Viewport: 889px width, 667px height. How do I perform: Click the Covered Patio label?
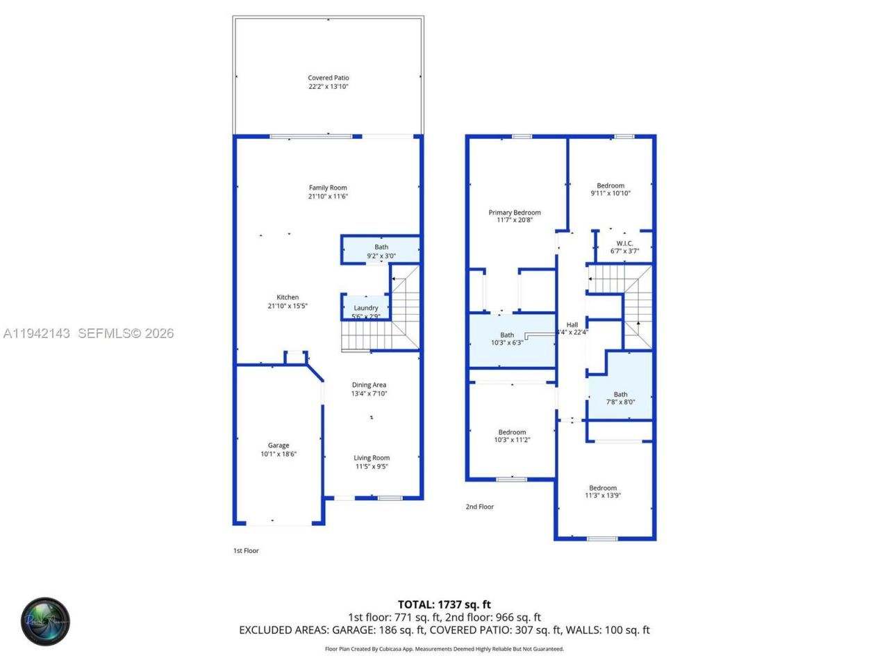click(329, 79)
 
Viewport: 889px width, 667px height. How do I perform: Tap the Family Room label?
click(328, 188)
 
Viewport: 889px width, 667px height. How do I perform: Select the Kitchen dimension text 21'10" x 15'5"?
click(288, 306)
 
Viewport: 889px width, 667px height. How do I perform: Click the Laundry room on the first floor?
click(365, 308)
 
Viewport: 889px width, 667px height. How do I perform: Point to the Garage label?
click(279, 446)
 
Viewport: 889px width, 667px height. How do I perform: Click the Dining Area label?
click(369, 385)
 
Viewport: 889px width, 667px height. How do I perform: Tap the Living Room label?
click(372, 458)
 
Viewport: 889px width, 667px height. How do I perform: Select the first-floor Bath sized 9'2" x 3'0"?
click(381, 251)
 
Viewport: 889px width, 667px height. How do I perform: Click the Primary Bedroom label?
click(514, 213)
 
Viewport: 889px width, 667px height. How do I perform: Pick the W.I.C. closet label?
click(624, 244)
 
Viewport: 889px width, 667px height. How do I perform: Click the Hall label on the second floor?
click(572, 324)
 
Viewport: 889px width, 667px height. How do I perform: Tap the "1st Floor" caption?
click(246, 551)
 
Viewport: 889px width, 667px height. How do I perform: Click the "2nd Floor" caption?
click(479, 507)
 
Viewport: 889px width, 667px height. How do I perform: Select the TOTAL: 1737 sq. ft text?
click(444, 604)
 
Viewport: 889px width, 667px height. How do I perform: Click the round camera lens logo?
click(45, 621)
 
